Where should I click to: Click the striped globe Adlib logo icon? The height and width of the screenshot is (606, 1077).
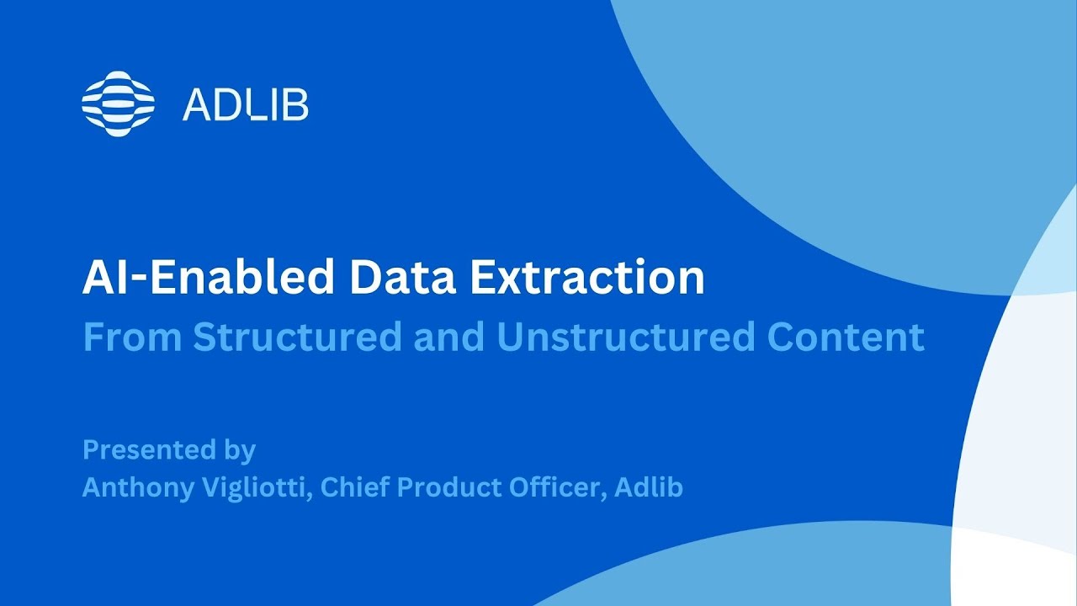pyautogui.click(x=119, y=104)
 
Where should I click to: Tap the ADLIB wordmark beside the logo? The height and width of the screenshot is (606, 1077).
pyautogui.click(x=245, y=105)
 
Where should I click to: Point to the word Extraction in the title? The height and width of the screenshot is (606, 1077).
pyautogui.click(x=587, y=279)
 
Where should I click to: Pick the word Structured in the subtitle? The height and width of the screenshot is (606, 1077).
pyautogui.click(x=297, y=338)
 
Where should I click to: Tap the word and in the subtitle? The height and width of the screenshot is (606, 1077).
pyautogui.click(x=449, y=338)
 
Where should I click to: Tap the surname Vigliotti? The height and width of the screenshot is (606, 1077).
pyautogui.click(x=257, y=488)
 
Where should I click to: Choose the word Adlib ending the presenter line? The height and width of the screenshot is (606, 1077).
pyautogui.click(x=649, y=488)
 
